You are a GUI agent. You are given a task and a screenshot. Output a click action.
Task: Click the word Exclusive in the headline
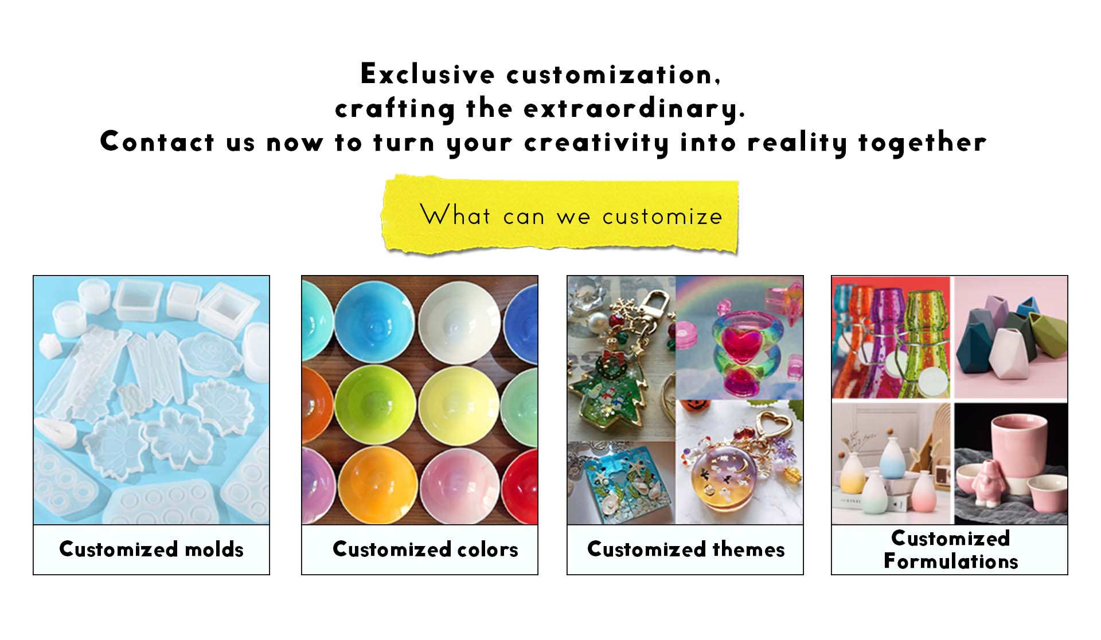427,74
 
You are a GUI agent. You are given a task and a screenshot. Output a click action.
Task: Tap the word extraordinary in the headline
634,109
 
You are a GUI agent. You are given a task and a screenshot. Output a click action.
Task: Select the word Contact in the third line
157,142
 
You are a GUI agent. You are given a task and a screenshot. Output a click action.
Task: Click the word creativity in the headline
596,143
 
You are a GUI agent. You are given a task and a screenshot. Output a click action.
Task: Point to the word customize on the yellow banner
662,217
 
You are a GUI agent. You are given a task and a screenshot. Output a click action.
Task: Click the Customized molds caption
151,549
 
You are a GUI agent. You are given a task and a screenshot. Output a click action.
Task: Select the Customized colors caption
425,549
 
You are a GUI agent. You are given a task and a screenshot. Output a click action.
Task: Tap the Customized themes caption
686,549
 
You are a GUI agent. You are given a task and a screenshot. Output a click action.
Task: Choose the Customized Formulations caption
951,549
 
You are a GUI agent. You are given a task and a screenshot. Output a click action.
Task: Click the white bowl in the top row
459,324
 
